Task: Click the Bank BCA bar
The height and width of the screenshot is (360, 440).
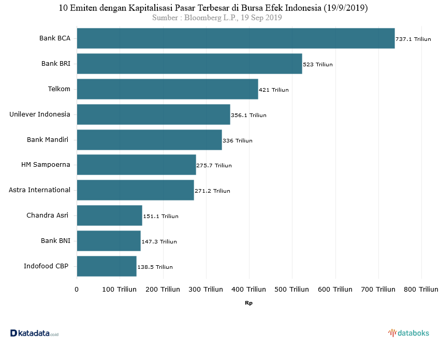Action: pyautogui.click(x=236, y=38)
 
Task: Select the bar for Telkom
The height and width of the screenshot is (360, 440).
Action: pyautogui.click(x=167, y=89)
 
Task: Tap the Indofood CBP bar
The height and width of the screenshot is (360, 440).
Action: pyautogui.click(x=107, y=266)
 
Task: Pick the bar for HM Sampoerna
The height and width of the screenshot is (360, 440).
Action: pyautogui.click(x=136, y=165)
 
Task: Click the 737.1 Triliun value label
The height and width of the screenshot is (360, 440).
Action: pyautogui.click(x=414, y=39)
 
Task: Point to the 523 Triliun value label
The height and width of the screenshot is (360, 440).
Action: pyautogui.click(x=318, y=65)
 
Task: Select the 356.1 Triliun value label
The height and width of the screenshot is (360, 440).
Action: pyautogui.click(x=248, y=116)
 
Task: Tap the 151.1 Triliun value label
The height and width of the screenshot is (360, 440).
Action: pyautogui.click(x=160, y=217)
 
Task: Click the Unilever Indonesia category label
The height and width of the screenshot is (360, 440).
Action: pyautogui.click(x=40, y=114)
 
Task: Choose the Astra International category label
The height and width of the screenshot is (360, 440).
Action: pyautogui.click(x=40, y=190)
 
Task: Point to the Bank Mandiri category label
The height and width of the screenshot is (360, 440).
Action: pyautogui.click(x=48, y=139)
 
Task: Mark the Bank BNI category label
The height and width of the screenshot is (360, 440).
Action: pyautogui.click(x=55, y=241)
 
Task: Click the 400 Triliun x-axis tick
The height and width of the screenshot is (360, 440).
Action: pyautogui.click(x=249, y=289)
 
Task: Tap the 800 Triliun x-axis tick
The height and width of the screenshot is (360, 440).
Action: pyautogui.click(x=421, y=289)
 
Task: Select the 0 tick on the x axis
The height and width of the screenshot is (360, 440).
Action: pyautogui.click(x=77, y=289)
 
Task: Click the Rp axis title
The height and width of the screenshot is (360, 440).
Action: pyautogui.click(x=249, y=303)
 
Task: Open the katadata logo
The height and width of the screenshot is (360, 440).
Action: pyautogui.click(x=34, y=334)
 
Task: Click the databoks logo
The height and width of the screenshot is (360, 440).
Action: pyautogui.click(x=409, y=333)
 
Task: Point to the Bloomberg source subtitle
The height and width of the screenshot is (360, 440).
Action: pyautogui.click(x=217, y=18)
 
